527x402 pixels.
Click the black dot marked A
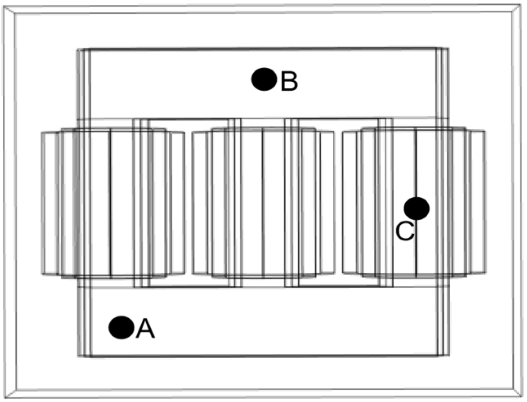[x=121, y=327]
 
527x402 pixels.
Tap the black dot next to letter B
[x=264, y=79]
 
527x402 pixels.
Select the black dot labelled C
[x=416, y=208]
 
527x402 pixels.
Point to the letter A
[x=145, y=329]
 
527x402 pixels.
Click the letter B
[x=289, y=81]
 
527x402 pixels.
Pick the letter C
[x=405, y=231]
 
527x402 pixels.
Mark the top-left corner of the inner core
[x=78, y=49]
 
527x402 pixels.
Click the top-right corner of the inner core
[x=449, y=48]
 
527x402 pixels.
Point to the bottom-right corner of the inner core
[x=449, y=356]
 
